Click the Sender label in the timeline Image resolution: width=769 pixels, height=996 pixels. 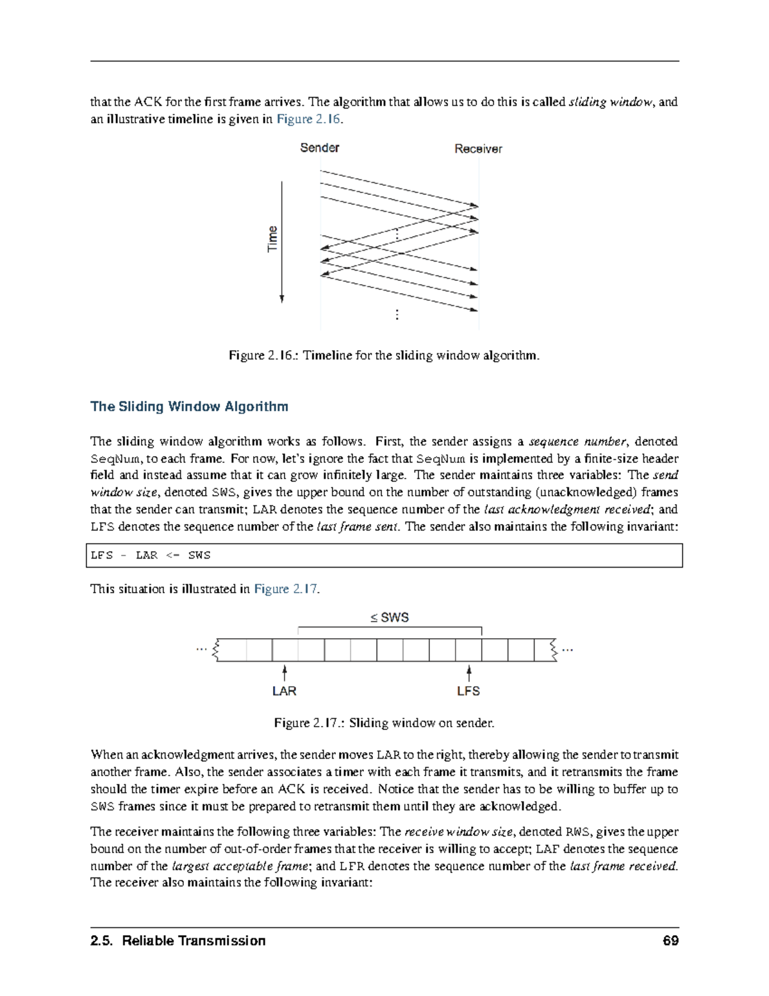319,148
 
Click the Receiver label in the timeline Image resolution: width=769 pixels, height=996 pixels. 478,149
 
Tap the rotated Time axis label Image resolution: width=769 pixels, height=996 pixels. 273,239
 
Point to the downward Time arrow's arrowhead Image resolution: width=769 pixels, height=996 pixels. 282,298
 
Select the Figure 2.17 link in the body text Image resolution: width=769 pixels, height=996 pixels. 286,589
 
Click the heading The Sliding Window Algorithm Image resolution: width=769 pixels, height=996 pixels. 189,407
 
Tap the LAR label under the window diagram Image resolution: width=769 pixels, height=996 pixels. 284,691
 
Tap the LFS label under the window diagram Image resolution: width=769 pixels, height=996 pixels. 468,691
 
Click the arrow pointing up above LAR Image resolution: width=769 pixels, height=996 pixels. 284,672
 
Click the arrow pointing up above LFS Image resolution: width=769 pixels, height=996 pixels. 469,672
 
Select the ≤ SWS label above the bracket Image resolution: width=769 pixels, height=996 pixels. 390,618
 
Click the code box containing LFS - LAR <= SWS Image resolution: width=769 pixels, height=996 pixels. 384,555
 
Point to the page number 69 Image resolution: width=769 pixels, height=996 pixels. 671,941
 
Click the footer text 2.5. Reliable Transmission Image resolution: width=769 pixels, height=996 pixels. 178,941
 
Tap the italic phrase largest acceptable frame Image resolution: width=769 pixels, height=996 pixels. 240,866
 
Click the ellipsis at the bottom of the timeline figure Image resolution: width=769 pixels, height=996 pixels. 397,314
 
